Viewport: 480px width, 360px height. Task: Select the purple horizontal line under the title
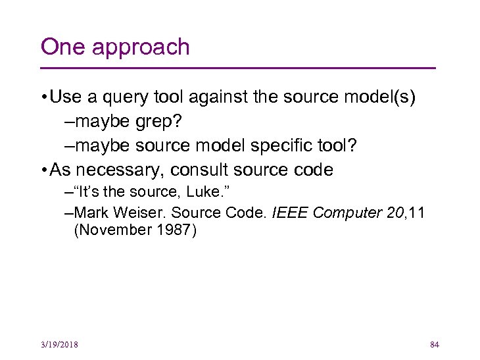point(238,68)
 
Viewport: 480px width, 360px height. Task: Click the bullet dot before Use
point(43,97)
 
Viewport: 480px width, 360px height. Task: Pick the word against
point(218,98)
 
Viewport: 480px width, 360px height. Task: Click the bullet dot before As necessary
point(43,170)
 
